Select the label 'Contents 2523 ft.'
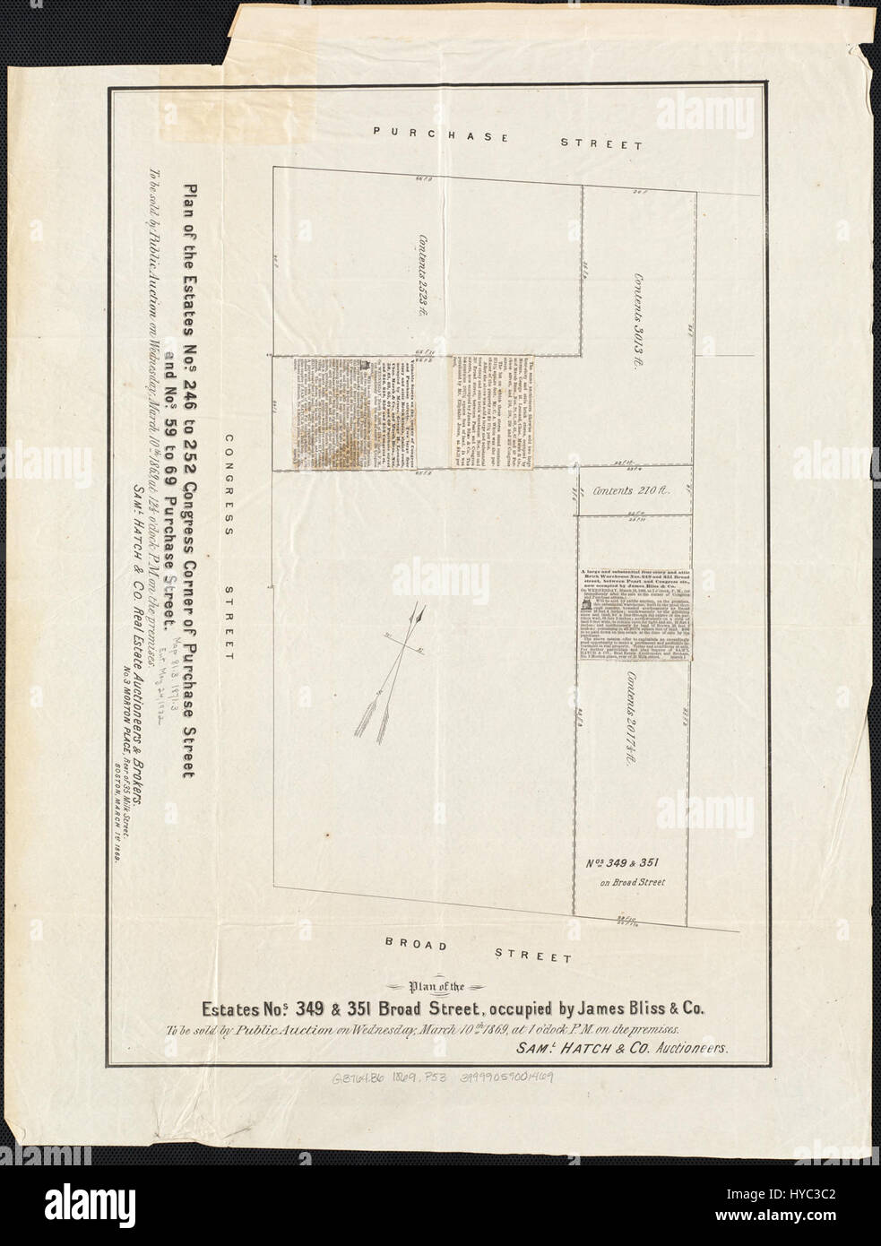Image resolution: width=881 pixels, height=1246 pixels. click(x=417, y=277)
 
